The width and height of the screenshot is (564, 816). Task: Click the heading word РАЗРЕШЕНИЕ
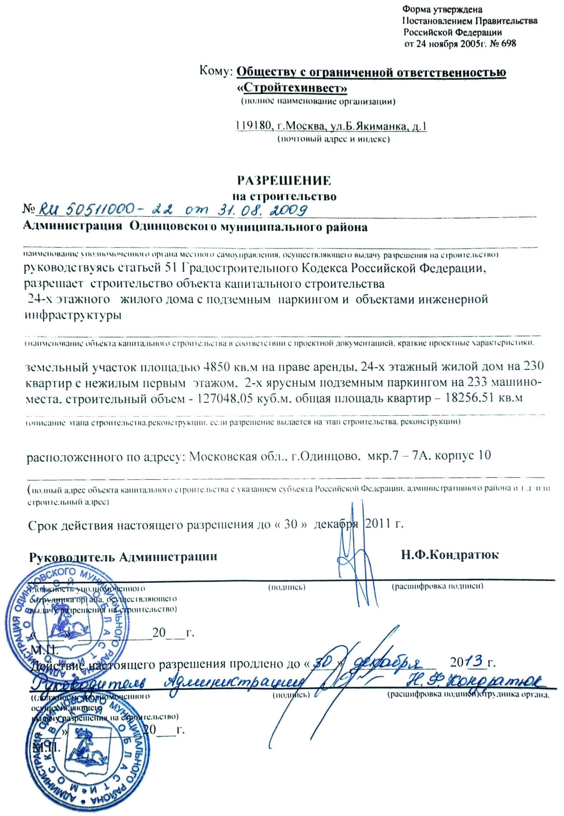click(x=284, y=181)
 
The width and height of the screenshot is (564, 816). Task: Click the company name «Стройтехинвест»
click(x=292, y=88)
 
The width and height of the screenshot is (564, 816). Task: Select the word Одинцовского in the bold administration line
click(x=173, y=227)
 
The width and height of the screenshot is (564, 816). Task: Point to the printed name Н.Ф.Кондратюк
click(x=450, y=555)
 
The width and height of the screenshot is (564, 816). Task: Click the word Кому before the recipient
click(x=216, y=71)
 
